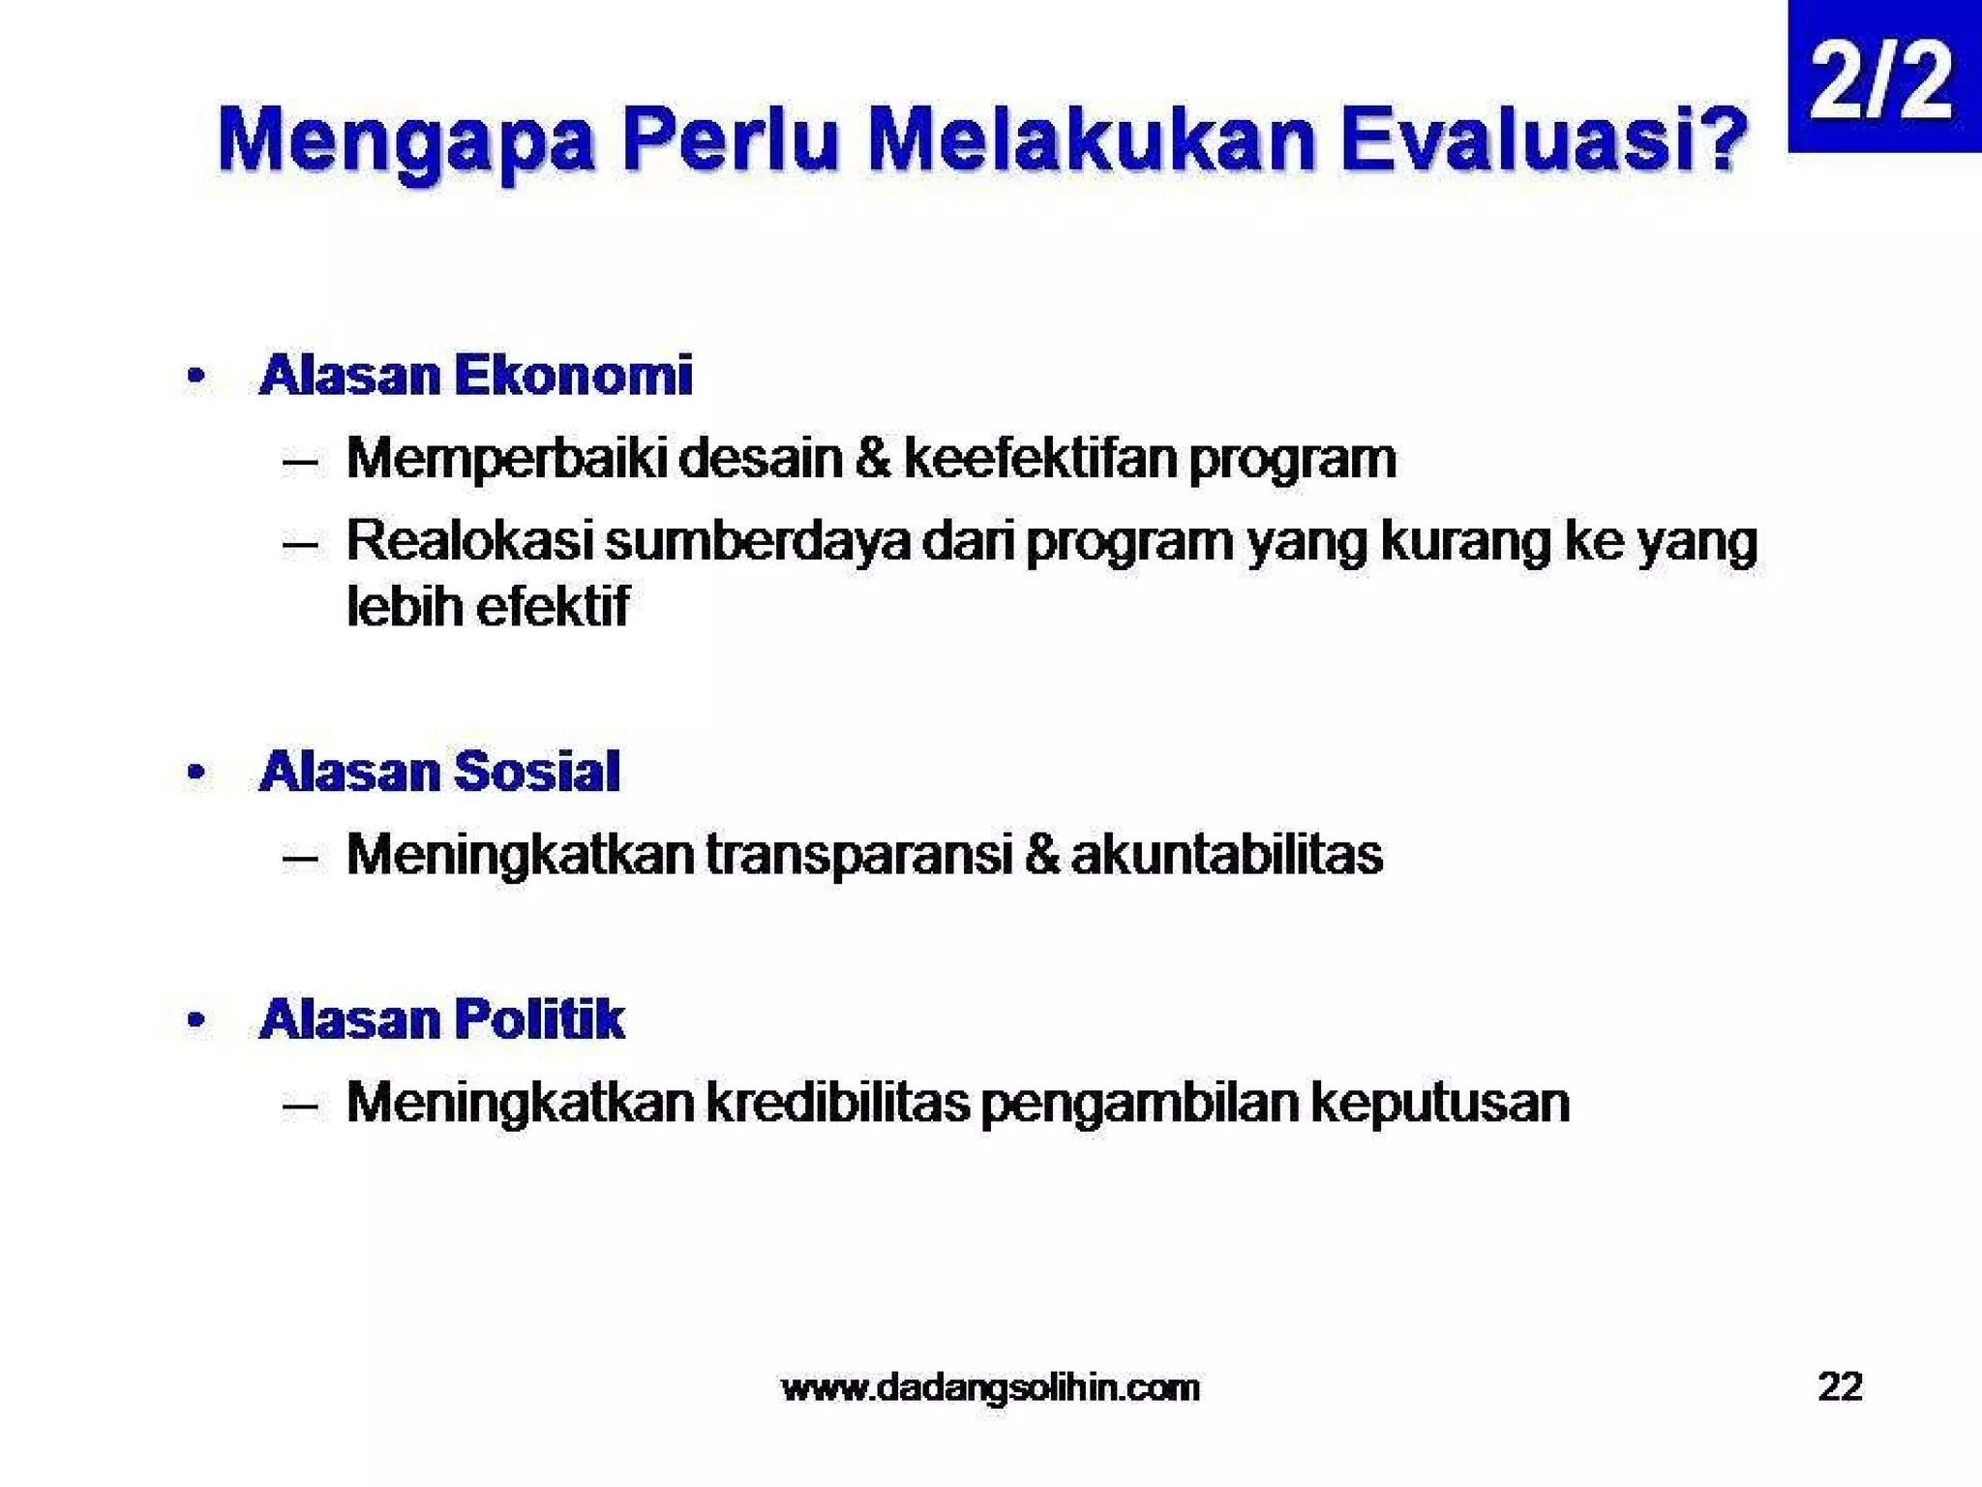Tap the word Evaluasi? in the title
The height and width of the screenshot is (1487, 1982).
pos(1544,141)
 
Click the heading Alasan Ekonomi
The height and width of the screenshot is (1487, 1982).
pos(475,376)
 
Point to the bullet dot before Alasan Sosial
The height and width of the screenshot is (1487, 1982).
pos(196,773)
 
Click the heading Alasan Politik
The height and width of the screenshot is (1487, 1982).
pos(441,1019)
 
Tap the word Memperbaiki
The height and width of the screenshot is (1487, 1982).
pos(506,458)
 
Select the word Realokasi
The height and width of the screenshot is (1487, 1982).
pos(468,540)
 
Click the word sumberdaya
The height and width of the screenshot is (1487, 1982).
pos(758,540)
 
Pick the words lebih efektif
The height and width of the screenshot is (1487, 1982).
pos(488,607)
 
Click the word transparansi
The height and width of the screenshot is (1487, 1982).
pos(857,855)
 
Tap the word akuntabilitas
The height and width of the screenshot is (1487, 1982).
pos(1226,855)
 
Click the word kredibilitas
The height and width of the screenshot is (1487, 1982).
pos(837,1102)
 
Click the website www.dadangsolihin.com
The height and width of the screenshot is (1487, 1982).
pos(990,1387)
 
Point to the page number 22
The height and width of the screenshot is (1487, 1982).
pos(1840,1386)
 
